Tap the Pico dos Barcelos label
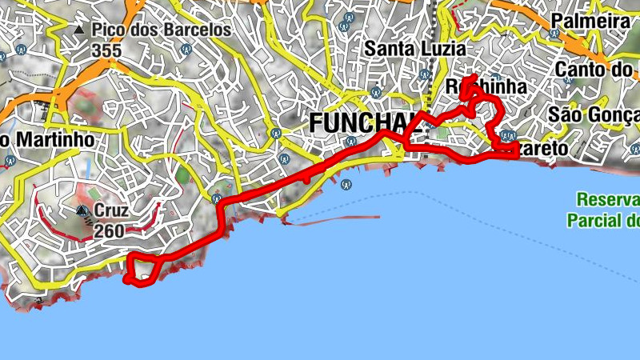click(x=161, y=30)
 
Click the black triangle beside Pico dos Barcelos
click(x=78, y=30)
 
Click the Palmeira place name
click(x=591, y=21)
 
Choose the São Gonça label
click(x=594, y=114)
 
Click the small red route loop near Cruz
click(x=144, y=269)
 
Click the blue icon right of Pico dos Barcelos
click(x=185, y=49)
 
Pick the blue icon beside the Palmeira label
click(x=554, y=34)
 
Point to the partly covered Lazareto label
click(x=544, y=149)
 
